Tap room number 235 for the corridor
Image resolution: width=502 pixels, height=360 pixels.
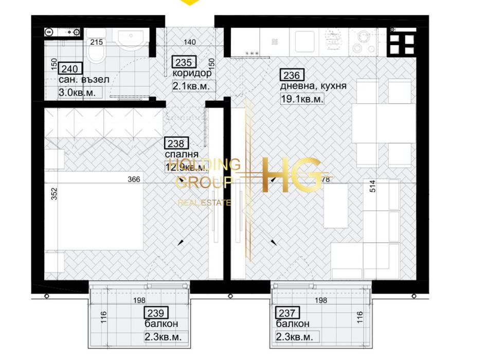[x=184, y=63]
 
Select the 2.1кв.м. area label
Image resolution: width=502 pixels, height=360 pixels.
[x=191, y=87]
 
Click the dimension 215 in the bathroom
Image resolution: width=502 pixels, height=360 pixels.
[x=96, y=43]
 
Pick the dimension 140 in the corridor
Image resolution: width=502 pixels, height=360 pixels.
[x=191, y=43]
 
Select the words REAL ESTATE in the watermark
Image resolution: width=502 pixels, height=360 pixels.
[x=204, y=203]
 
